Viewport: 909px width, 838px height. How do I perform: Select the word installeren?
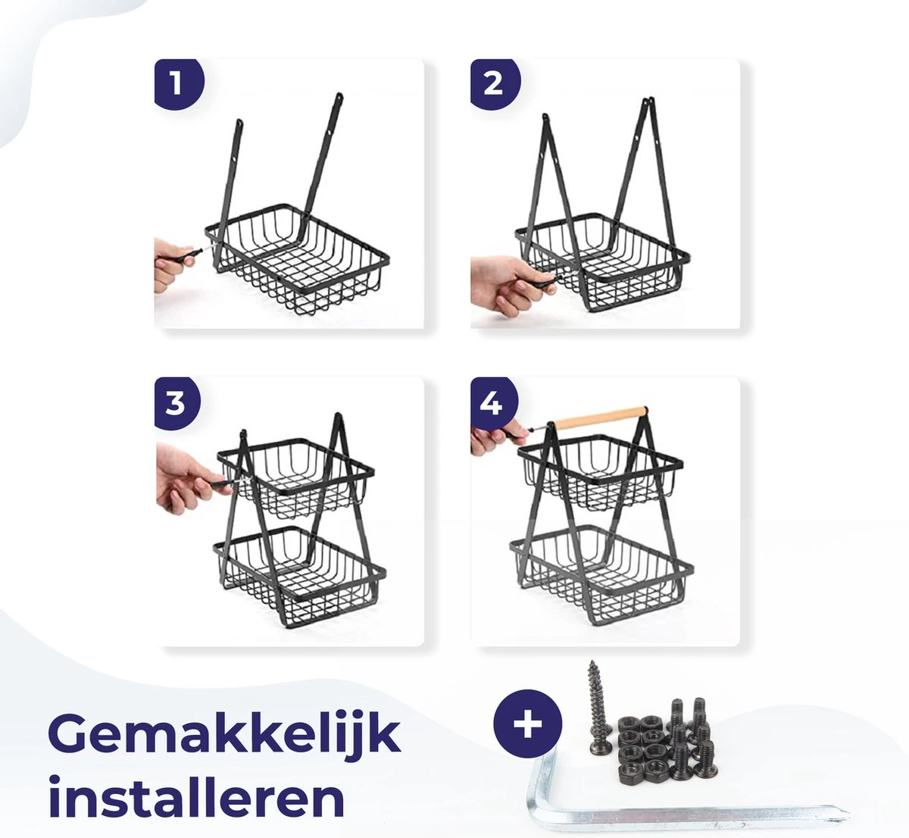pyautogui.click(x=196, y=797)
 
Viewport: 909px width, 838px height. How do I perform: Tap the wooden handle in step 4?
pyautogui.click(x=601, y=415)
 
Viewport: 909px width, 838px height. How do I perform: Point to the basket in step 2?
pyautogui.click(x=602, y=261)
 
